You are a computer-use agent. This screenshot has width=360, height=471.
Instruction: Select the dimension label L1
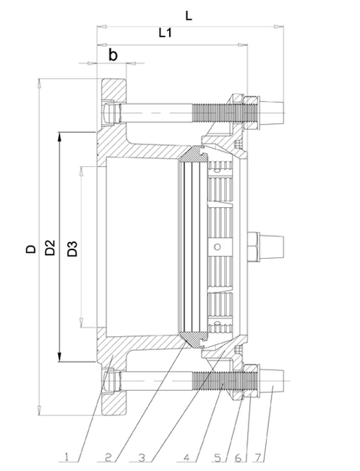click(x=167, y=34)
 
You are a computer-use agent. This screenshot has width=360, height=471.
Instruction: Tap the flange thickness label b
click(x=113, y=55)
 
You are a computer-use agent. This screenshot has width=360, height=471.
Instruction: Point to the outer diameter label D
click(x=30, y=248)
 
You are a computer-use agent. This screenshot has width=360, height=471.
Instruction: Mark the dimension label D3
click(x=72, y=248)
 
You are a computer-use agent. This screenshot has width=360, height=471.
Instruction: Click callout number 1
click(x=66, y=458)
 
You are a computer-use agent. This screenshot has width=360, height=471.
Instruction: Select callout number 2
click(x=106, y=458)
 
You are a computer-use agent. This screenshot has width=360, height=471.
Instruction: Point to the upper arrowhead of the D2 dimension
click(x=59, y=136)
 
